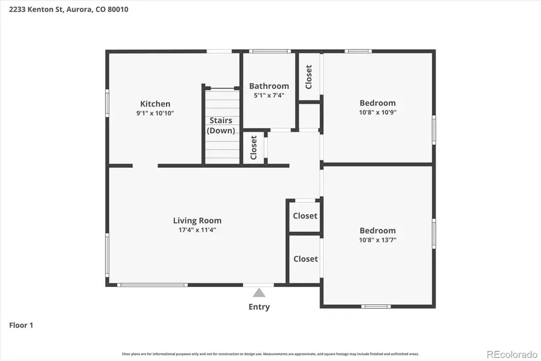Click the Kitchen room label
tap(155, 103)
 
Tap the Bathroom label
tap(269, 86)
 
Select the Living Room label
tap(197, 220)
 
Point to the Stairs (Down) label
tap(221, 126)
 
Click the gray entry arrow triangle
tap(259, 292)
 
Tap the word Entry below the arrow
tap(259, 307)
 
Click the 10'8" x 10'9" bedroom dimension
tap(377, 112)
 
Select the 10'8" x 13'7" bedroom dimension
tap(377, 239)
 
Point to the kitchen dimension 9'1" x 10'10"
tap(155, 113)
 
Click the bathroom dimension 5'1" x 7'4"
tap(269, 95)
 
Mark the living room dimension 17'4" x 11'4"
tap(197, 229)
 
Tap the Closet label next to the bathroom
tap(309, 77)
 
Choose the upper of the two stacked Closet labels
tap(305, 216)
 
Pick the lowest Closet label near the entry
tap(305, 259)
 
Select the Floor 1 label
tap(21, 326)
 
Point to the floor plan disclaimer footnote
tap(270, 354)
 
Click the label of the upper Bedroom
tap(377, 103)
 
